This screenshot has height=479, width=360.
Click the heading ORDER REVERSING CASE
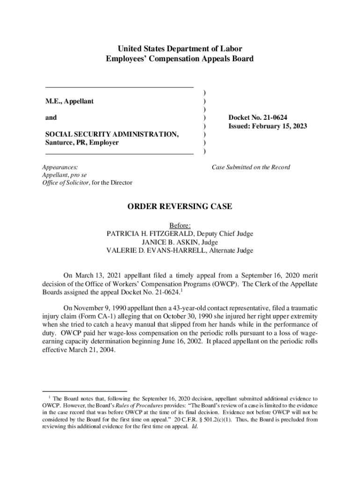[180, 206]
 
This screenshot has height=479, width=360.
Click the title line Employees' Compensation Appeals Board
[180, 59]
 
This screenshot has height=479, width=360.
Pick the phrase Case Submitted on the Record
[251, 167]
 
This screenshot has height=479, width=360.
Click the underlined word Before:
[180, 225]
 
